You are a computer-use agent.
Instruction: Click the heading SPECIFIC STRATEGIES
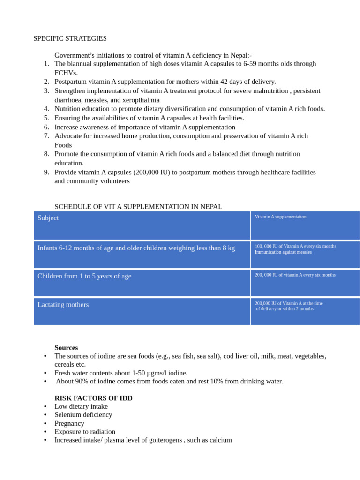click(70, 38)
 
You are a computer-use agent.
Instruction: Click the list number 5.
click(46, 118)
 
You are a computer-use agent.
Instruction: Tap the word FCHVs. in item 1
click(66, 73)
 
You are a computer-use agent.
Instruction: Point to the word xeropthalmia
click(140, 100)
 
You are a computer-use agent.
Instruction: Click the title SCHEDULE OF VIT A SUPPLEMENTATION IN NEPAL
click(138, 207)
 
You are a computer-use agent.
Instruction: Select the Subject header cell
click(48, 218)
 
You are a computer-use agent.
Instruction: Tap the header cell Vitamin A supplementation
click(280, 217)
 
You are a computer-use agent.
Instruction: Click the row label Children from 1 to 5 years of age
click(84, 276)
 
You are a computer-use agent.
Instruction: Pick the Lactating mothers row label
click(63, 305)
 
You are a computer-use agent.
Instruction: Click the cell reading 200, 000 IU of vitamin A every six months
click(295, 275)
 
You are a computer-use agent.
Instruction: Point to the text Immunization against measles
click(283, 252)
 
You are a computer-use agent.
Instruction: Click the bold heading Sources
click(66, 348)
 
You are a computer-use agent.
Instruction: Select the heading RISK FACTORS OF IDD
click(93, 398)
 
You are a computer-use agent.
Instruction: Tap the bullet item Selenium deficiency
click(83, 415)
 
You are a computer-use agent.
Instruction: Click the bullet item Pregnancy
click(69, 423)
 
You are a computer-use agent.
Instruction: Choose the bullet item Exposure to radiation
click(85, 432)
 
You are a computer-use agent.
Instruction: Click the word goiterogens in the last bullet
click(162, 440)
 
